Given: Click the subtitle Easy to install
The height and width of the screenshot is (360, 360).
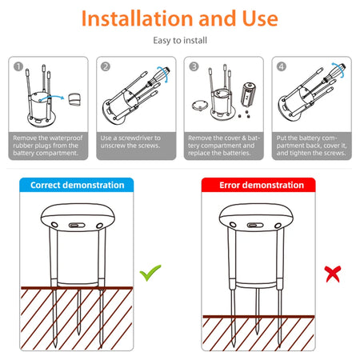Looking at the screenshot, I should (x=180, y=39).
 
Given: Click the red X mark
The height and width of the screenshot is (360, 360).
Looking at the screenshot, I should (x=330, y=274).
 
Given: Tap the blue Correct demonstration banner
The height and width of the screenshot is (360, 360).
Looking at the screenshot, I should (x=78, y=185).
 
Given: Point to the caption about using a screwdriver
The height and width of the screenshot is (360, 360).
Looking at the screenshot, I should (x=136, y=142).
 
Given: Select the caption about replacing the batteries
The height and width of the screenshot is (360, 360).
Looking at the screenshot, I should (x=223, y=146).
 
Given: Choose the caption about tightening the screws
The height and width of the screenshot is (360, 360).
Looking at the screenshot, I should (x=311, y=146).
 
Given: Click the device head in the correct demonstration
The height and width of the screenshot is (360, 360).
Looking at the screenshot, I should (x=78, y=218).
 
